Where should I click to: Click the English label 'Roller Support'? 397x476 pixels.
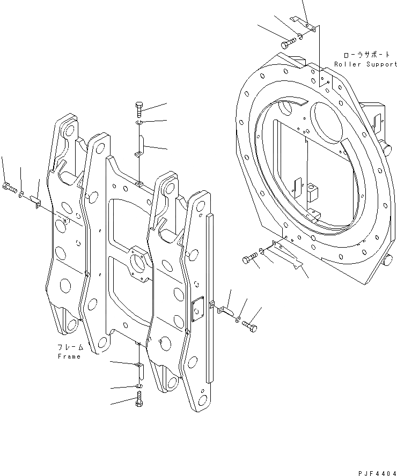pos(366,64)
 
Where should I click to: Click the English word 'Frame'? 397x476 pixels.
pos(69,356)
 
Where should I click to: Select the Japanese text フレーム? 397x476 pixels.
pos(69,347)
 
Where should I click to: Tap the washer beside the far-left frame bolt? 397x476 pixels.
pos(22,192)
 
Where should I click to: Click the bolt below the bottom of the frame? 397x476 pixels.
pos(139,398)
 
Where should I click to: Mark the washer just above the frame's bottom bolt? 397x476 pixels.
pos(139,385)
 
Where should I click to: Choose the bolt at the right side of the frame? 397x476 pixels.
pos(249,324)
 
